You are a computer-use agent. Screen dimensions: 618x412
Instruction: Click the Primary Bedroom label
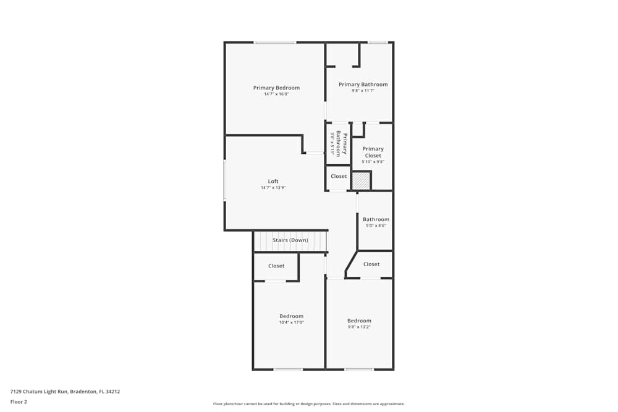coord(276,88)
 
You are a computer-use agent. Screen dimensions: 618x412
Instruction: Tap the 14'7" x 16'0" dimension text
coord(276,94)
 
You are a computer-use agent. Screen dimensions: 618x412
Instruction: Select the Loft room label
coord(273,181)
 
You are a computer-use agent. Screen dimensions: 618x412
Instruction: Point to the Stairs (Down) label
coord(290,240)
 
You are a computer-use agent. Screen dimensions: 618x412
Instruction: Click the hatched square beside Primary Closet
coord(361,181)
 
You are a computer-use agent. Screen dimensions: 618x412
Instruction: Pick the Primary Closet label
coord(373,152)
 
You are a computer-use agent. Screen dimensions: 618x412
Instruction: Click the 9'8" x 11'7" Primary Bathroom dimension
coord(363,91)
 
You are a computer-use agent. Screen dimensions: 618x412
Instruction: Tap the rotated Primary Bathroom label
coord(341,143)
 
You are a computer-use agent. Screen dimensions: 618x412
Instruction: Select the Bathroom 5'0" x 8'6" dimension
coord(376,225)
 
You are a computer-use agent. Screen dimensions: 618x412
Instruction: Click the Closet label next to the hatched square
coord(339,176)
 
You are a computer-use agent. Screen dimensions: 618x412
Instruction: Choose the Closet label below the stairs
coord(276,266)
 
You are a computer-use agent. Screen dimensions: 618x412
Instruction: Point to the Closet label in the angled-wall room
coord(371,264)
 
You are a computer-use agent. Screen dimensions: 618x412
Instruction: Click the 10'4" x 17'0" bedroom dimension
coord(291,322)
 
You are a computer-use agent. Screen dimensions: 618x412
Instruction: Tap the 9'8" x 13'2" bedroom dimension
coord(359,327)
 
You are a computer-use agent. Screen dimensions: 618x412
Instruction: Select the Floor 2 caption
coord(19,401)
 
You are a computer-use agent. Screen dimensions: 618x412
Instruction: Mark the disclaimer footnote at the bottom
coord(308,404)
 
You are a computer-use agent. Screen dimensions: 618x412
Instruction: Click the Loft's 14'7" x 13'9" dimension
coord(273,188)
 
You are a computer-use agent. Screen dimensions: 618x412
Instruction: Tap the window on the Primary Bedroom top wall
coord(275,42)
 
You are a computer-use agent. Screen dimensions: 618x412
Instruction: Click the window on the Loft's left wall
coord(225,180)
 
